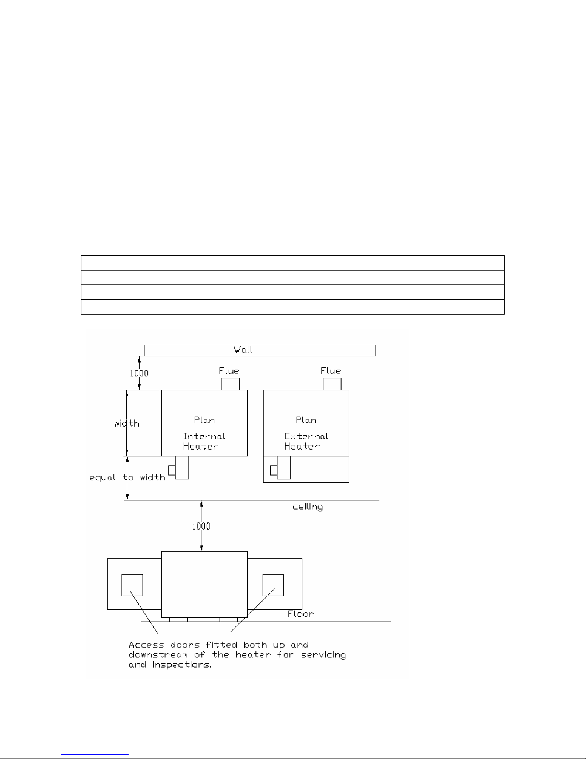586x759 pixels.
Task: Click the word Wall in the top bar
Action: [x=243, y=350]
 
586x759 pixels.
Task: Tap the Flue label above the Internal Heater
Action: [x=229, y=371]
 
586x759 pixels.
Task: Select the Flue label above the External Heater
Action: [x=331, y=371]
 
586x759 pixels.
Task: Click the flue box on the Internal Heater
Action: [x=230, y=384]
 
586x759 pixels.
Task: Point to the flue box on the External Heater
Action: [x=332, y=384]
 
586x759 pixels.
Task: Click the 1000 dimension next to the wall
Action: [x=139, y=374]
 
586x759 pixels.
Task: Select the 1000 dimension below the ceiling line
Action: [x=201, y=526]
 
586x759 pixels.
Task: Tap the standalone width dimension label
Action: [x=127, y=423]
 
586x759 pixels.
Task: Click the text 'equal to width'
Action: [x=127, y=477]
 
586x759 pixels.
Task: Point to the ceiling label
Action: [x=308, y=507]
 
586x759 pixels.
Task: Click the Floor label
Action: [x=300, y=614]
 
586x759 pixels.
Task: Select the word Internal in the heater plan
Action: [x=204, y=436]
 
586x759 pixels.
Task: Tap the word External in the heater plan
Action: [x=306, y=436]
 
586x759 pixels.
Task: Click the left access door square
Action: [x=132, y=585]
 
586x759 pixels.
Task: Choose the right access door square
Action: [x=273, y=585]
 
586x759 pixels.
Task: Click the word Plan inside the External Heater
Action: [x=306, y=420]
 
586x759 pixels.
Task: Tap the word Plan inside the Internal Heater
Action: [x=204, y=420]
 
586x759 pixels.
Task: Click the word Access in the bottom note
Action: [x=146, y=645]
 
